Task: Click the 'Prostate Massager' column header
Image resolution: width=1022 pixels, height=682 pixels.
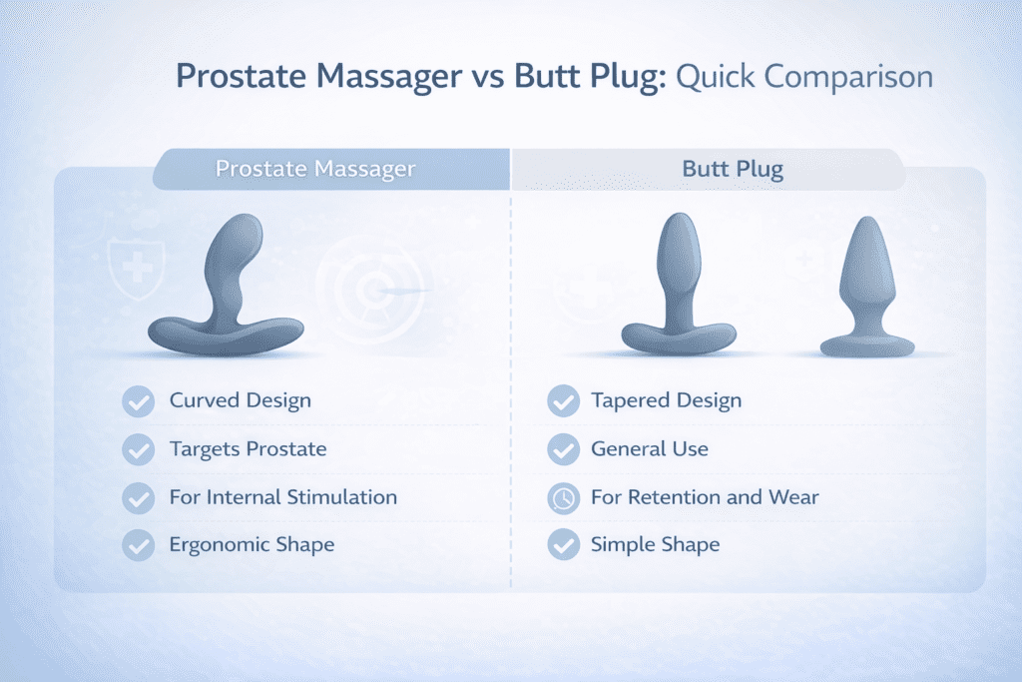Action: point(315,169)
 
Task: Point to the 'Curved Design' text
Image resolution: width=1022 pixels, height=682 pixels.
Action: point(240,401)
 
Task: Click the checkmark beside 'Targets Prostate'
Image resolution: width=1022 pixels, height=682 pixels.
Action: point(137,449)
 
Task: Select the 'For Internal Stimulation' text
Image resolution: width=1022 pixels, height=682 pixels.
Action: point(282,497)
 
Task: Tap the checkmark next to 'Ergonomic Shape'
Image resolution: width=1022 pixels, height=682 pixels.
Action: point(137,545)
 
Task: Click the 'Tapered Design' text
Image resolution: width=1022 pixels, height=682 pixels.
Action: point(666,401)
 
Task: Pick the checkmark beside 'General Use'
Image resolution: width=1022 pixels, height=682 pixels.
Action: point(564,449)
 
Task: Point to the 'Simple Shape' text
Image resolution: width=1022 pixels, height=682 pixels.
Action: point(655,545)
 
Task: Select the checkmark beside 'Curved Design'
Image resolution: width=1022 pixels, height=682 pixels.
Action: point(137,401)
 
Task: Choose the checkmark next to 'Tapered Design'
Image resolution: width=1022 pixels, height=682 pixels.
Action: point(564,401)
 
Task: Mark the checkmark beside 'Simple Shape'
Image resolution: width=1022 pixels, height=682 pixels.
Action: point(564,545)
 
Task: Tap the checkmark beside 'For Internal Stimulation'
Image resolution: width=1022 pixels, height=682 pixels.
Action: point(137,497)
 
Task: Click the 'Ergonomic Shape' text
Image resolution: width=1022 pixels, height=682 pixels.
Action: point(252,545)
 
